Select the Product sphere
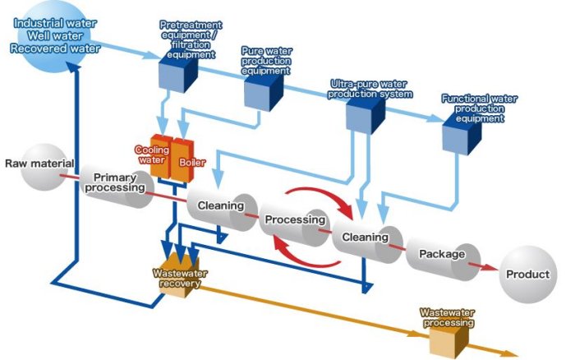[x=527, y=275]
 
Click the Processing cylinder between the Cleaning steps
[x=296, y=221]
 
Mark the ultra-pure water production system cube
[x=363, y=115]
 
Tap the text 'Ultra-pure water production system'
[x=370, y=89]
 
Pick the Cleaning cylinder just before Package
[x=365, y=238]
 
